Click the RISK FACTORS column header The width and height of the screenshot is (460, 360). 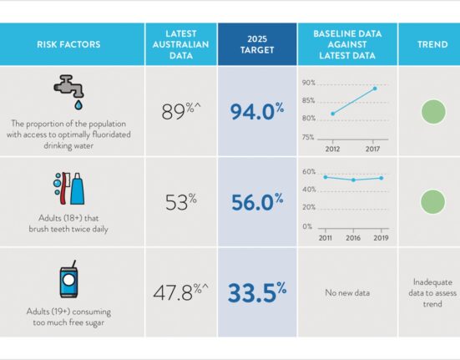tap(68, 44)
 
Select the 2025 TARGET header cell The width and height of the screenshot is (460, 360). tap(257, 44)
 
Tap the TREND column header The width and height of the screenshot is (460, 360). tap(432, 44)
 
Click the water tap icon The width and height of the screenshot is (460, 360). tap(69, 86)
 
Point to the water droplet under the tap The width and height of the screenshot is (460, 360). tap(78, 104)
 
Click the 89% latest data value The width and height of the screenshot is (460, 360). tap(181, 111)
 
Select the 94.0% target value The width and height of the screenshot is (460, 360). tap(257, 111)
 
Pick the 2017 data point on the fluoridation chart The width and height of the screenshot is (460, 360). tap(375, 89)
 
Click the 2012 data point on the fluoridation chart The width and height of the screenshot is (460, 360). tap(332, 114)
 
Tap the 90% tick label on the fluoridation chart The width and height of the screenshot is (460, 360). tap(309, 83)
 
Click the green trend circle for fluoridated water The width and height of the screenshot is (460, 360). tap(433, 111)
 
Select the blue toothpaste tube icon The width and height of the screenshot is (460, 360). tap(77, 189)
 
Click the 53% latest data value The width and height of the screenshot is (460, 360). tap(181, 201)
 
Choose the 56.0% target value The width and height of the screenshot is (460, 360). tap(257, 201)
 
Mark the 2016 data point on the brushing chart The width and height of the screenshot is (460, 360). tap(353, 180)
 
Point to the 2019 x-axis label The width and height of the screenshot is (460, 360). tap(381, 238)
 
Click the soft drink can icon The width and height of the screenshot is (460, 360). tap(68, 279)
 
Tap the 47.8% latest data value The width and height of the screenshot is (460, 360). tap(180, 292)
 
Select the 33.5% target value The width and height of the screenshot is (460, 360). tap(257, 292)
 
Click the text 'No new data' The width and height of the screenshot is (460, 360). tap(347, 292)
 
